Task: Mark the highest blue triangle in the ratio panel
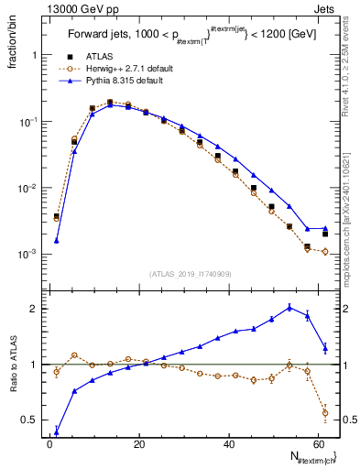290,308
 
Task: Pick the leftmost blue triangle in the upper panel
57,240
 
